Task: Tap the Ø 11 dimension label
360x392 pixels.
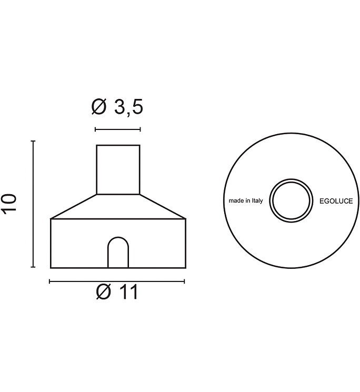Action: coord(117,292)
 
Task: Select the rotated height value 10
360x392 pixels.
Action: coord(9,204)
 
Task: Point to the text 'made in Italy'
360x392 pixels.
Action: coord(245,201)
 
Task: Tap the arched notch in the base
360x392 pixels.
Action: coord(118,253)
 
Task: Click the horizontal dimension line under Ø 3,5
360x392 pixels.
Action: coord(117,129)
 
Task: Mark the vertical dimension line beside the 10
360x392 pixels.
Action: coord(33,204)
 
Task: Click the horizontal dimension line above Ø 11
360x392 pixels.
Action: coord(118,282)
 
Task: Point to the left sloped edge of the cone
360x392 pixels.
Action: coord(74,206)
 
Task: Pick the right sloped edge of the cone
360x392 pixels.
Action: coord(163,206)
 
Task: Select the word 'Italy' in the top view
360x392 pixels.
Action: coord(257,201)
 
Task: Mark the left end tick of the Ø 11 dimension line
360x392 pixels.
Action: coord(49,282)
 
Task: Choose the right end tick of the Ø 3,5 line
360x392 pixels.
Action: coord(140,129)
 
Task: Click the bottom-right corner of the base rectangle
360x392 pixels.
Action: coord(185,268)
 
